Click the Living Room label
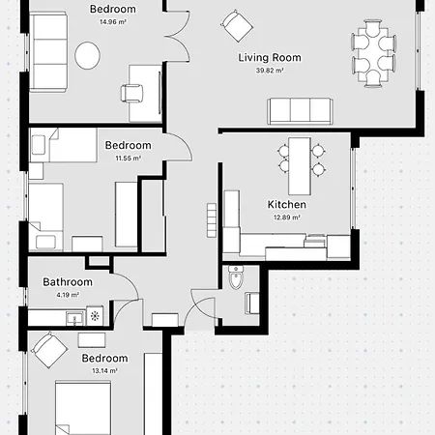pyautogui.click(x=270, y=57)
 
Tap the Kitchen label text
pyautogui.click(x=287, y=205)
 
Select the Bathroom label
pyautogui.click(x=68, y=282)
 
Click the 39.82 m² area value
pyautogui.click(x=270, y=71)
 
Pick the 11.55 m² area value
pyautogui.click(x=129, y=158)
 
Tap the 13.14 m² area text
pyautogui.click(x=104, y=370)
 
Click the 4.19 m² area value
pyautogui.click(x=68, y=295)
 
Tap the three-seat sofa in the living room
pyautogui.click(x=301, y=111)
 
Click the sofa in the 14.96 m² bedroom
pyautogui.click(x=47, y=54)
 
